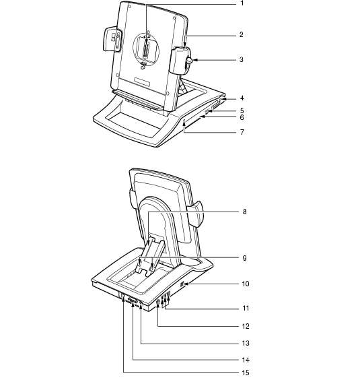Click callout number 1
(x=242, y=3)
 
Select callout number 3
(x=242, y=59)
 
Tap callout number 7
(x=242, y=132)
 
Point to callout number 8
(x=244, y=212)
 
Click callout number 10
(x=246, y=284)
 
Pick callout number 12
(x=246, y=326)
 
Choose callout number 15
(x=246, y=373)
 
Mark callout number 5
(x=242, y=110)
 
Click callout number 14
(x=246, y=360)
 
